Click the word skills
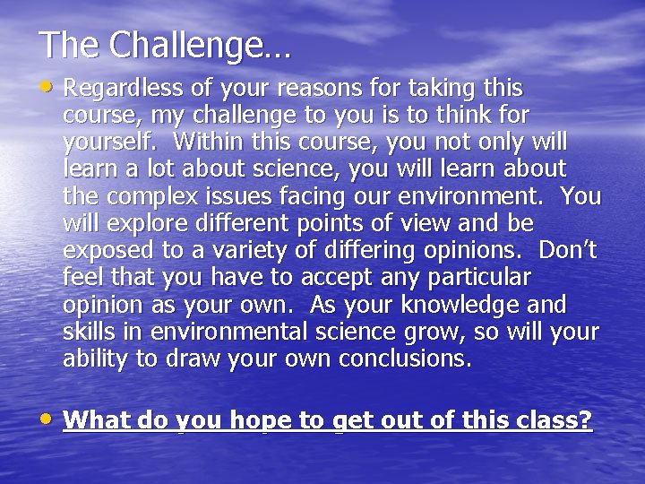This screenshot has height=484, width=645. (x=90, y=331)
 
